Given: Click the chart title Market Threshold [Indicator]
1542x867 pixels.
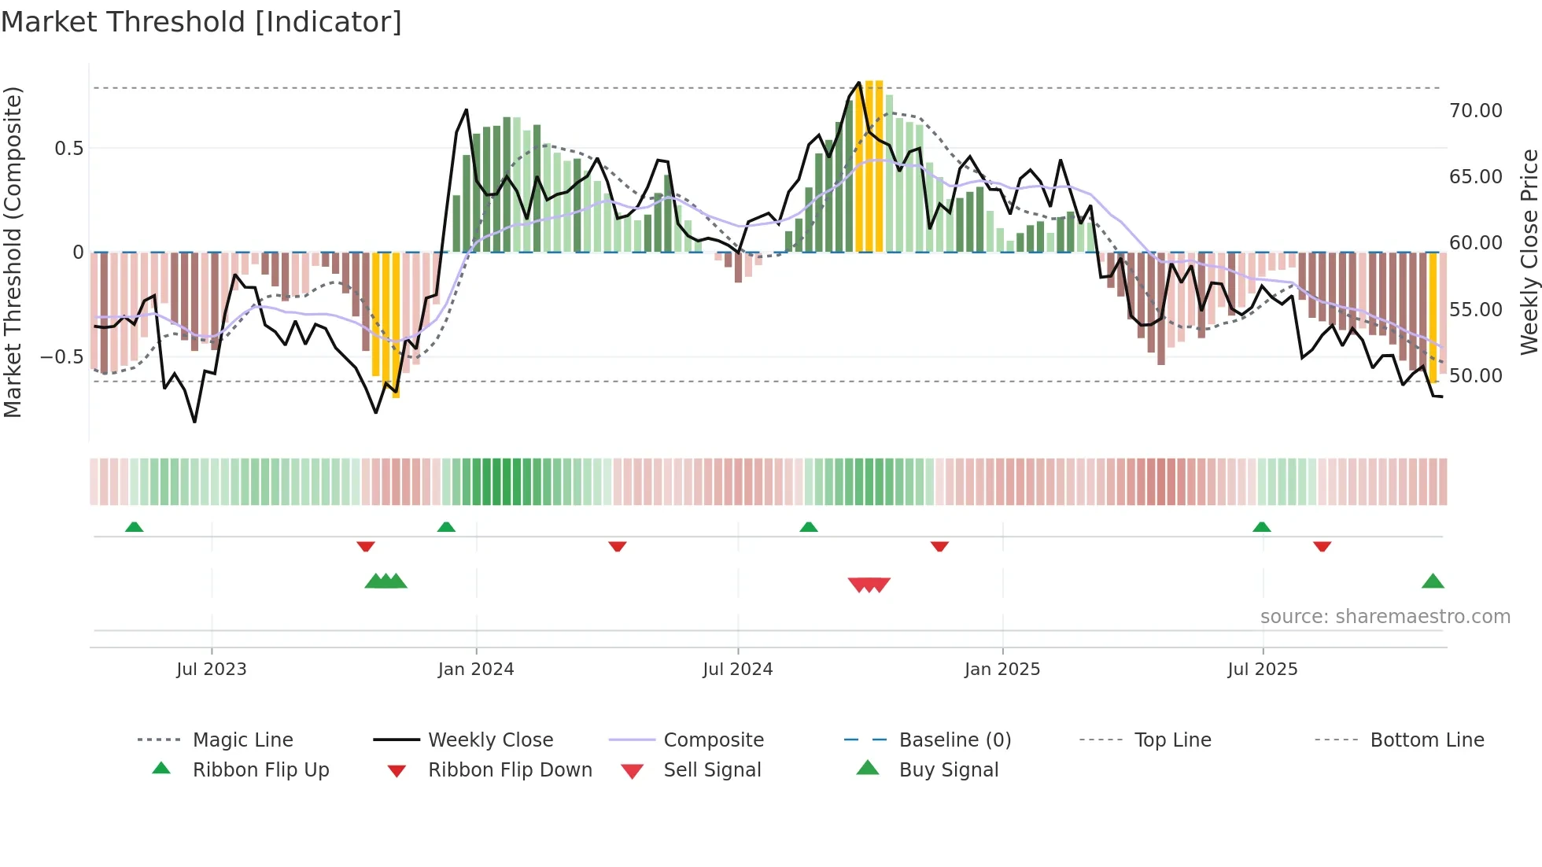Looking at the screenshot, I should click(x=201, y=22).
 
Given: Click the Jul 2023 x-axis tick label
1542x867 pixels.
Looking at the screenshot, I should click(x=211, y=670).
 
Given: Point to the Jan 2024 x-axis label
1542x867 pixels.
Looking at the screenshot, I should click(x=475, y=670).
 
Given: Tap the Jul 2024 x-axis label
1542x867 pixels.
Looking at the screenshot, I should click(x=737, y=670).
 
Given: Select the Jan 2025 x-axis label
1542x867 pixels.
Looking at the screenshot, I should click(x=1002, y=670).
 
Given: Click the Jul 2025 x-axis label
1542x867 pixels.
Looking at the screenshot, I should click(x=1262, y=670).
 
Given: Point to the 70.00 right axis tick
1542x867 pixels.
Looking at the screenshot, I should click(x=1475, y=111).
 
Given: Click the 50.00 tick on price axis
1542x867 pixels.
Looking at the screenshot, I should click(x=1475, y=376).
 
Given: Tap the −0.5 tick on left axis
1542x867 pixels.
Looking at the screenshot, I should click(x=62, y=357).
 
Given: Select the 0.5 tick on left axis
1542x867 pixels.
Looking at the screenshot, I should click(x=68, y=149).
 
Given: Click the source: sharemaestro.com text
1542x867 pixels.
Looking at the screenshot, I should click(x=1385, y=617).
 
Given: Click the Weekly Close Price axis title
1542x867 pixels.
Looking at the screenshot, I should click(x=1529, y=252).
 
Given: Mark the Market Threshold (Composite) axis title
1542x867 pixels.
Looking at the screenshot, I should click(x=13, y=252).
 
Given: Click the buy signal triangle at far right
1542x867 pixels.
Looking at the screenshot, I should click(x=1433, y=582).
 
